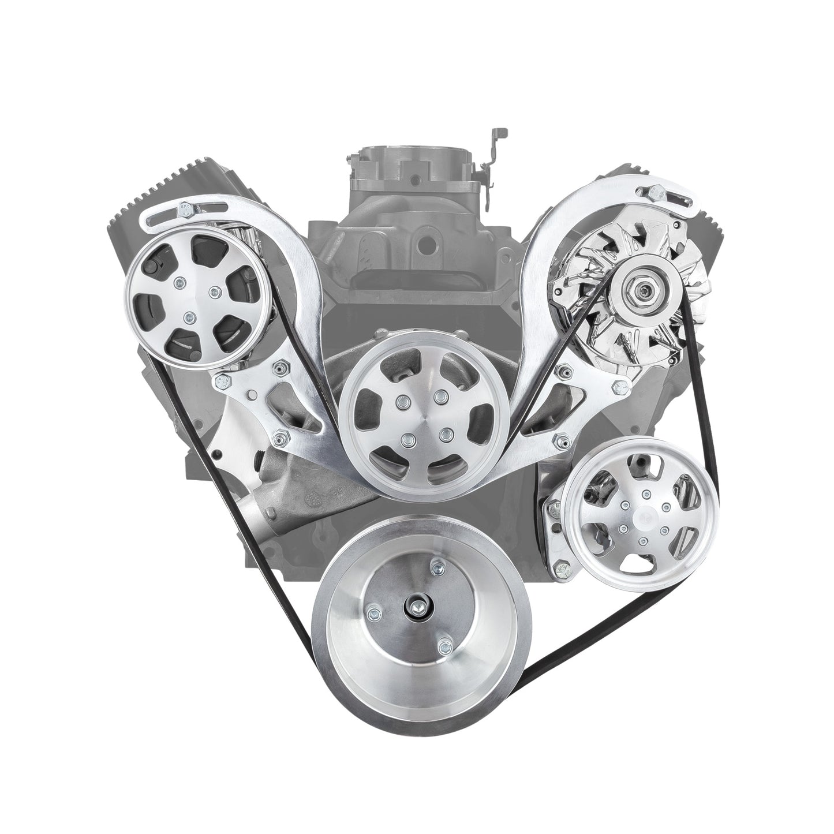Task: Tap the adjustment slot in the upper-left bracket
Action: pyautogui.click(x=157, y=220)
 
